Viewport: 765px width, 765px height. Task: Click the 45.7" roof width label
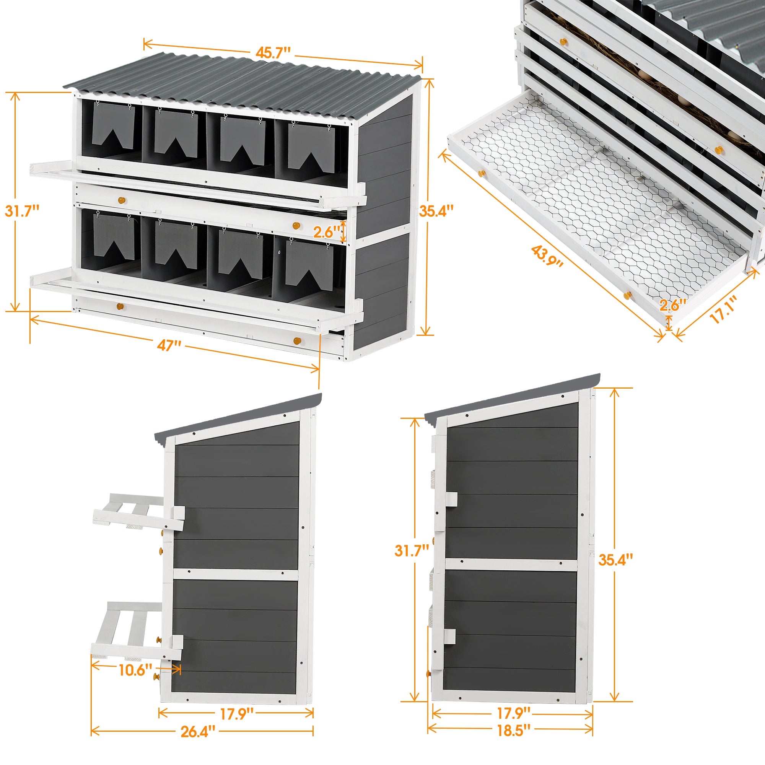click(x=273, y=53)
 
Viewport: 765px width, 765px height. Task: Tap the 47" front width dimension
click(x=169, y=345)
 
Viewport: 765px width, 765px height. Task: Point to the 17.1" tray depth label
click(x=723, y=310)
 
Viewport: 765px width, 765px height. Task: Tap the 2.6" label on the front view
click(x=327, y=232)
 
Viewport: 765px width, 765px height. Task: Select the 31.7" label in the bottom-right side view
click(x=412, y=550)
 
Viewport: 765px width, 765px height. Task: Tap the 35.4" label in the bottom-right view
click(x=616, y=560)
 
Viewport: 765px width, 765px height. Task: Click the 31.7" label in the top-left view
click(x=22, y=211)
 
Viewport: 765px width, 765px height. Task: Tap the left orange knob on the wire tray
click(x=481, y=173)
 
